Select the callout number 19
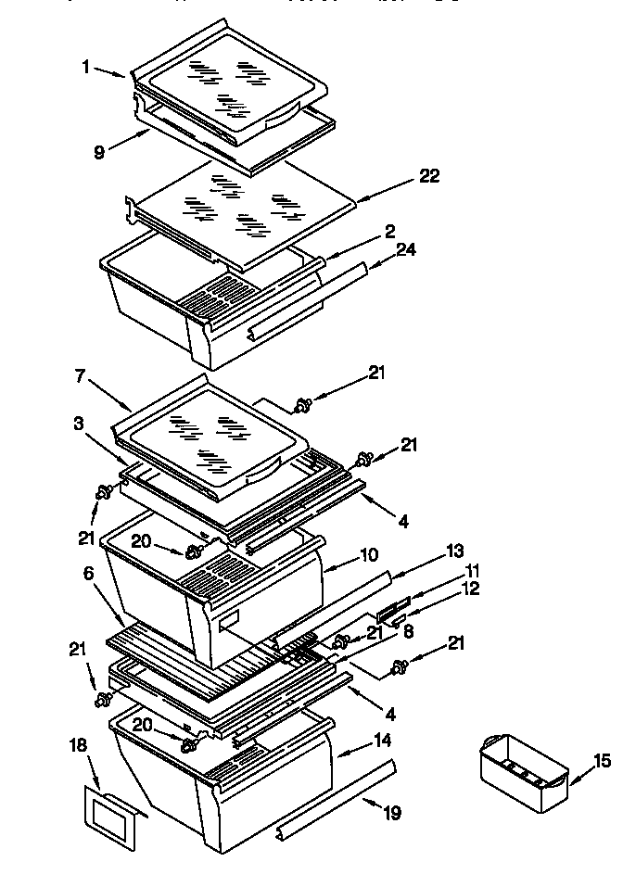click(x=392, y=814)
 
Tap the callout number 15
click(x=601, y=761)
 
